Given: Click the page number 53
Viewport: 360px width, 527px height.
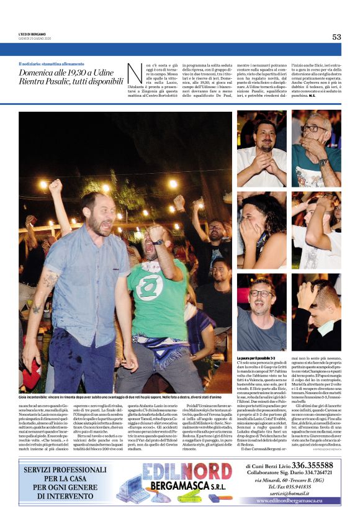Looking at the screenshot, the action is [x=336, y=37].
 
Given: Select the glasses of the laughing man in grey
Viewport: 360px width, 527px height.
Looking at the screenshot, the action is [x=261, y=293].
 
